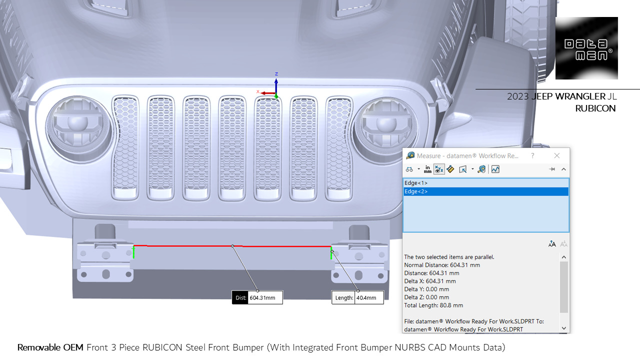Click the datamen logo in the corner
[586, 48]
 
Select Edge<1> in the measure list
[416, 183]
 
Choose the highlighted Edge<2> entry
[416, 191]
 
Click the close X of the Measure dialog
[557, 155]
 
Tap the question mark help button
[533, 155]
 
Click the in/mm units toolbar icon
[427, 169]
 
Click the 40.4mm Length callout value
[369, 298]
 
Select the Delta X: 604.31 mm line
[430, 281]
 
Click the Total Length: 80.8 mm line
[433, 305]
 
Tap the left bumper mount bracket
[105, 260]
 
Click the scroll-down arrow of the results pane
[564, 328]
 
